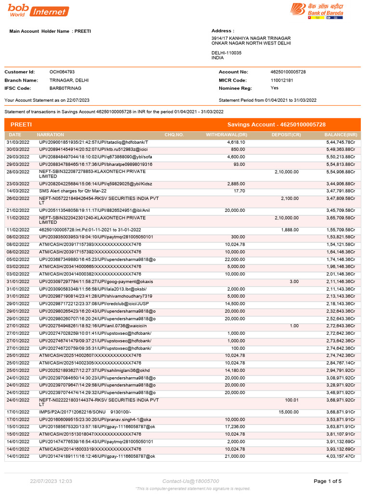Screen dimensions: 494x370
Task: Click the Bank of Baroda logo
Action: point(316,11)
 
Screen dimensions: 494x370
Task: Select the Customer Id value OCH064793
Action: point(62,72)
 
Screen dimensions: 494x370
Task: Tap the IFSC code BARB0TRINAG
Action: point(66,88)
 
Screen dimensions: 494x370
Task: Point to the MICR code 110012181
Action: point(282,80)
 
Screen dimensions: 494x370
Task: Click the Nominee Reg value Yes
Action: point(275,88)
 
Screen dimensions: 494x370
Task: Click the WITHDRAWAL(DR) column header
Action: point(226,135)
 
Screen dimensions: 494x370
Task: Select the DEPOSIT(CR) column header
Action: point(286,135)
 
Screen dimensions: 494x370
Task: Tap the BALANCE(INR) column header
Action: point(341,135)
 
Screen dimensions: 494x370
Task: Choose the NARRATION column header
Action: point(51,135)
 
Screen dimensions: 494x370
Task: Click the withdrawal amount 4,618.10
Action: point(236,143)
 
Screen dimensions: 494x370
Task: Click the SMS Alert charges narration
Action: point(73,191)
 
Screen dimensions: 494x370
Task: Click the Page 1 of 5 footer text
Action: point(328,481)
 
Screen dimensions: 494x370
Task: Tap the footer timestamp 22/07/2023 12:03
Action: point(51,481)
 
